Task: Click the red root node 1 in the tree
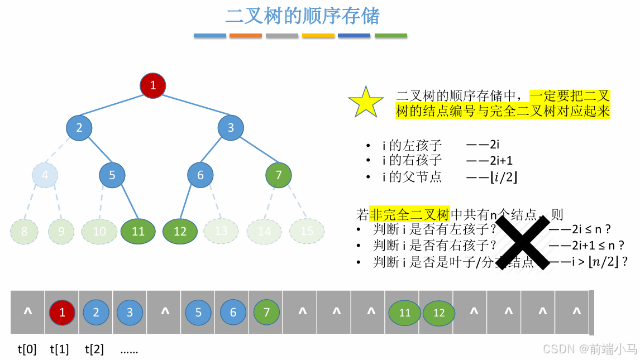152,85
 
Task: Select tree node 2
79,127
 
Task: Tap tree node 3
230,128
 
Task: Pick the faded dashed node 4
45,175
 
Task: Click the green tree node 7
279,175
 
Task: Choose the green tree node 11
137,231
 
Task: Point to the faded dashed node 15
307,231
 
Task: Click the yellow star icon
366,102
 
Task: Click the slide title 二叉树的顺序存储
302,16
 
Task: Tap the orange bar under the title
246,36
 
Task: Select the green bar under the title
391,36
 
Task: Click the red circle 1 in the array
62,313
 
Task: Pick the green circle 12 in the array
439,313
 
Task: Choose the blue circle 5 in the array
198,313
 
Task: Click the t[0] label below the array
27,350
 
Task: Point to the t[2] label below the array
94,350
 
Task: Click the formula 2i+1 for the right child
500,161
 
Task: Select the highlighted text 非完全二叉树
409,214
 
